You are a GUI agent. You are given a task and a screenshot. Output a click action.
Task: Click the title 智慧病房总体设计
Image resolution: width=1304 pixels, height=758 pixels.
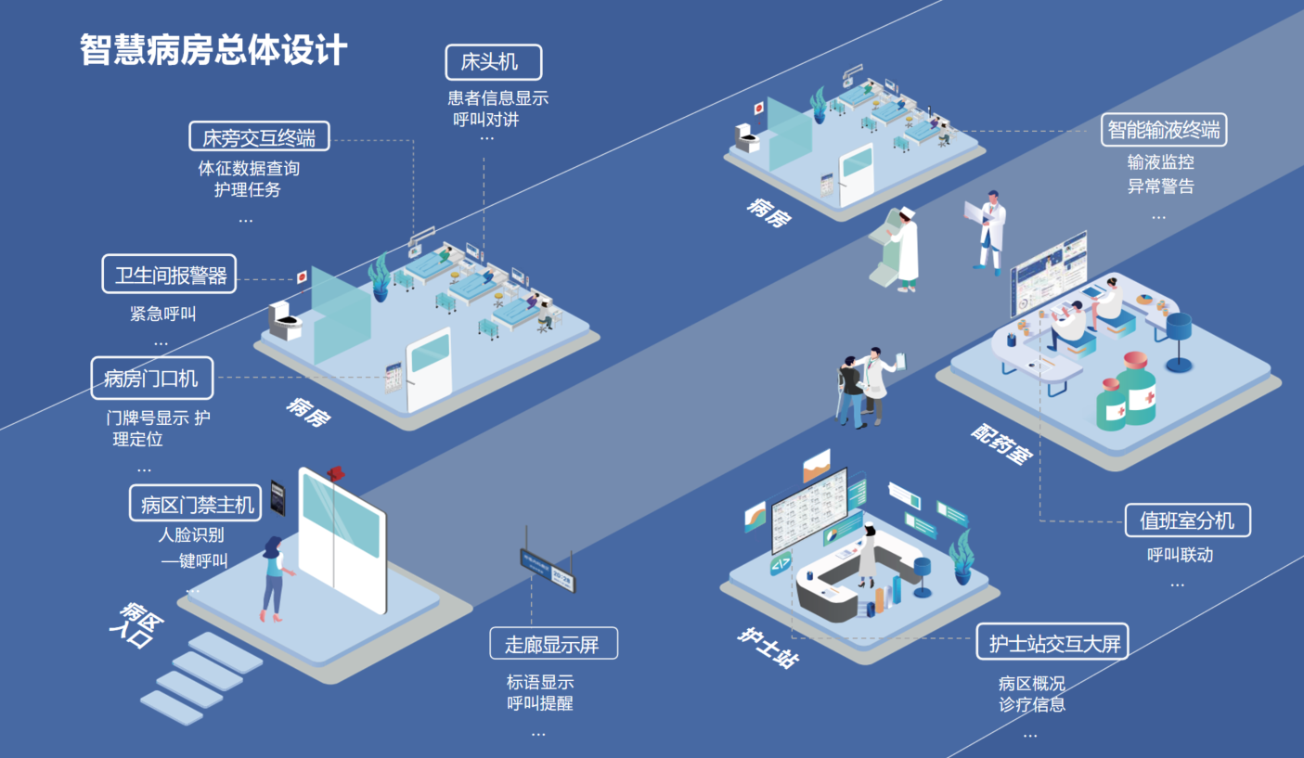pos(213,50)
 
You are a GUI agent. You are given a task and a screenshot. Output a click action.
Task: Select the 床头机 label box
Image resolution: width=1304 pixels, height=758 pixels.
pos(493,62)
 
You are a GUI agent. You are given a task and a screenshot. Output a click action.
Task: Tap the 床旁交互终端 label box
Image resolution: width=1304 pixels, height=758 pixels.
pos(259,137)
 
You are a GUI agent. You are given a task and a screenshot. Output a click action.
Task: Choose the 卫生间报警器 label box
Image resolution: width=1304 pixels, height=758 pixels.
pos(169,276)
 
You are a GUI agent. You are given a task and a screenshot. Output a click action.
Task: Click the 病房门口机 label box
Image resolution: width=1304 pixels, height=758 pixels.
pos(151,378)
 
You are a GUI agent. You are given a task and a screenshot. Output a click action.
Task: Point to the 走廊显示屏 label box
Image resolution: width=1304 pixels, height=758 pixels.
pos(553,643)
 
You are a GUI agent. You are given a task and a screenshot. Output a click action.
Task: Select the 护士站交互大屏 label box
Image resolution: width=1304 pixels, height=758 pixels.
pos(1052,642)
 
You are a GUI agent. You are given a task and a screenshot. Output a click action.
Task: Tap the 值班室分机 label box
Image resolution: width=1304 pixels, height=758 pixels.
pos(1187,520)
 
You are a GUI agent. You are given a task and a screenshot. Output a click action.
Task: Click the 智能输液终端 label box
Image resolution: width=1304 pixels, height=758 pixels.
pos(1164,130)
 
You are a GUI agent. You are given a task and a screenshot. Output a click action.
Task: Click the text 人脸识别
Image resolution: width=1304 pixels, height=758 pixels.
pos(191,535)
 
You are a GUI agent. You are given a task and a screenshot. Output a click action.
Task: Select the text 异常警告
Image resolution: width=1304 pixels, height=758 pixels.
pos(1160,186)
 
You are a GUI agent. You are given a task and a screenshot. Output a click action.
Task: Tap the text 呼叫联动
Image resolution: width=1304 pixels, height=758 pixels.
pos(1180,555)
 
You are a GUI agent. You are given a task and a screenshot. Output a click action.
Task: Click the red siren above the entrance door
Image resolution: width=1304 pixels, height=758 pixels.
pos(336,473)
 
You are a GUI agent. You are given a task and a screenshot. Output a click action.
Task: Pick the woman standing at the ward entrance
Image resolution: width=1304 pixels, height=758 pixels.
pos(274,577)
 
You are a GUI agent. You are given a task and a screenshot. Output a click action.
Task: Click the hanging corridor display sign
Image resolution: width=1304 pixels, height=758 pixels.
pos(548,567)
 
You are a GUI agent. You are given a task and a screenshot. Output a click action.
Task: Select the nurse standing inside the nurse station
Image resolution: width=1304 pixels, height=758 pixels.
pos(867,556)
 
